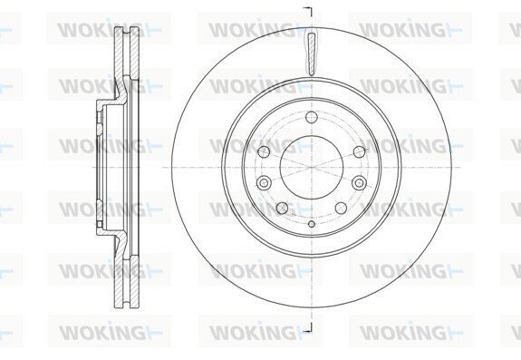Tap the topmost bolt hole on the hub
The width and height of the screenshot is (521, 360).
pos(312,117)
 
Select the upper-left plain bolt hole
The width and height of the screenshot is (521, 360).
pos(264,152)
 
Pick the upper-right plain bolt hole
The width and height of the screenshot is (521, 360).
pos(360,152)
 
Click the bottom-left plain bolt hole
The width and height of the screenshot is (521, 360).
pos(282,208)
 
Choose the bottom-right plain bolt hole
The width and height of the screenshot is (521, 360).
pos(342,208)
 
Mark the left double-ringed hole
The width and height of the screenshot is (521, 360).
pos(264,182)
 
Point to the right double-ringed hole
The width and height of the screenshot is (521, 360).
pos(360,182)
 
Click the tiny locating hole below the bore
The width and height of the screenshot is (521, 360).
pos(312,224)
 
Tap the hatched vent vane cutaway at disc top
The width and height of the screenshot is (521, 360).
pos(312,54)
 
